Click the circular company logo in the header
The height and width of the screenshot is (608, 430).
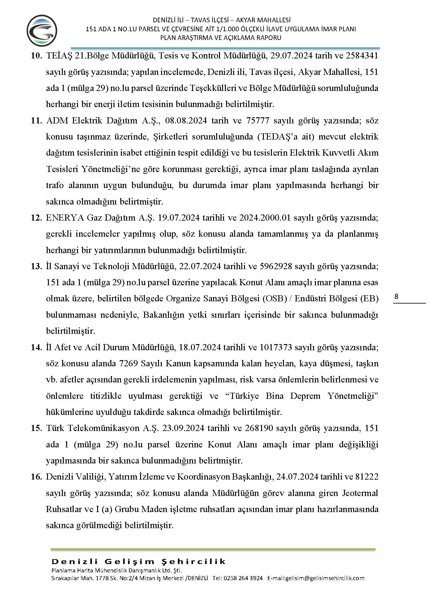pos(42,31)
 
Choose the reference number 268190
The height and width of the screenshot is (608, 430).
pos(259,428)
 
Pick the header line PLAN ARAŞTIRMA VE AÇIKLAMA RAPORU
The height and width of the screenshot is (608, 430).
pos(221,38)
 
